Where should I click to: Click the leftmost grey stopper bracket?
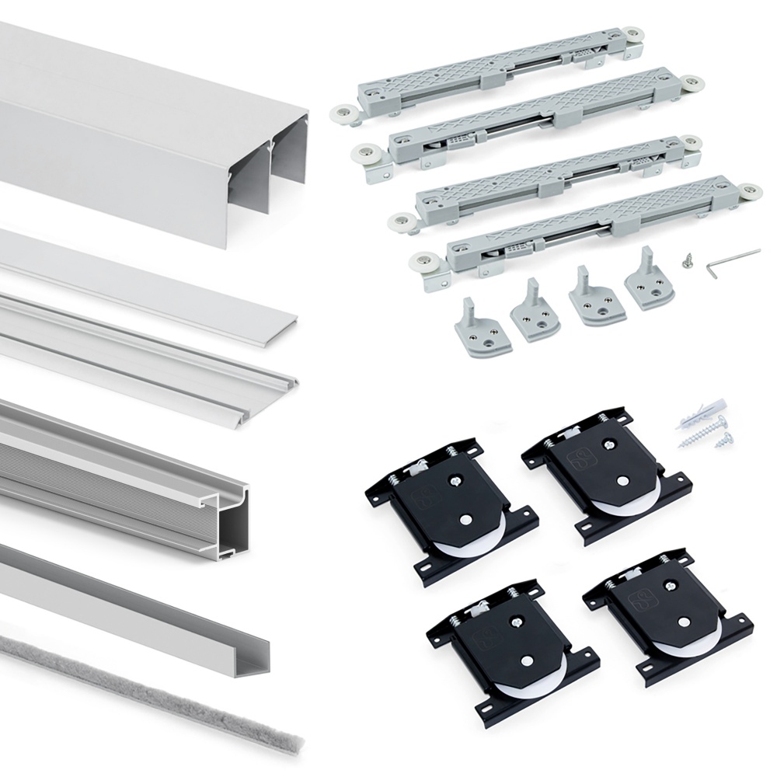click(483, 327)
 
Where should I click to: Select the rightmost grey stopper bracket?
click(650, 284)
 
